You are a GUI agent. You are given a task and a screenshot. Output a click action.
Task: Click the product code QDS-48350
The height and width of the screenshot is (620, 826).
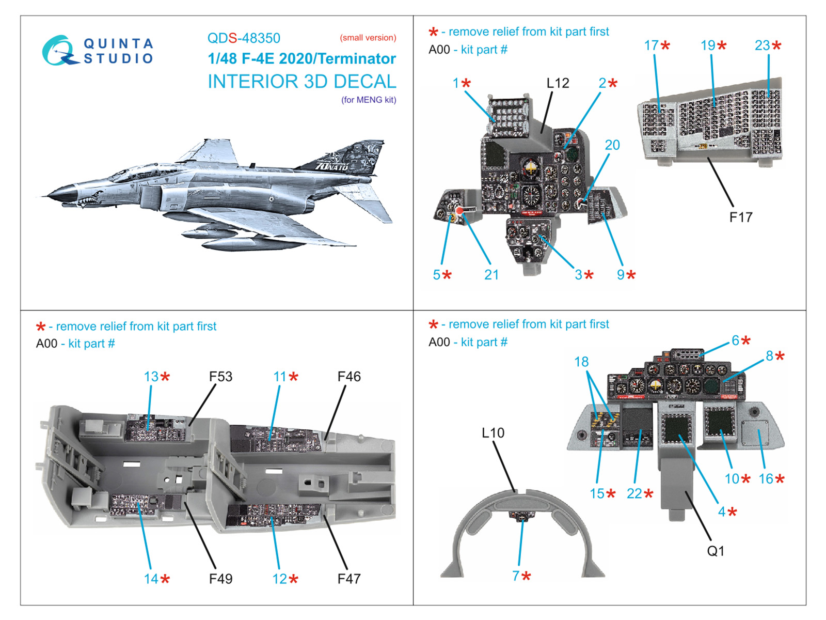(244, 38)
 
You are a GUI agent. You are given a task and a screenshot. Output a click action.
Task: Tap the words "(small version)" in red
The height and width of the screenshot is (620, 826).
(368, 38)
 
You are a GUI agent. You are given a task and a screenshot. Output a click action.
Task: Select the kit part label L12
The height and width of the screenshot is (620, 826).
(558, 83)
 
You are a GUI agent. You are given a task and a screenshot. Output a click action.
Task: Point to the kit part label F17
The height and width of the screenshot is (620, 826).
(740, 217)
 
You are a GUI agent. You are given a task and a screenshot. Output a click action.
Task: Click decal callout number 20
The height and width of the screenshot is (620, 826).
(612, 145)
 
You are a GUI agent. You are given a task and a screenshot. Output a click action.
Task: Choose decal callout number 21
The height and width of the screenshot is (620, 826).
(491, 275)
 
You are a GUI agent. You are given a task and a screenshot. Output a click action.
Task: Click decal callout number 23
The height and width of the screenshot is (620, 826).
(763, 45)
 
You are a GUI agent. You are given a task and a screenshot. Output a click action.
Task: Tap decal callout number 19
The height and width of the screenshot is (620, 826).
(708, 45)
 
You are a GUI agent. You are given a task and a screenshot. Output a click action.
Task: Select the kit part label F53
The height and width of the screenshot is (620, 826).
(220, 377)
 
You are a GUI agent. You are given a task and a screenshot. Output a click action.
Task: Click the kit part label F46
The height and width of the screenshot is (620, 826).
(349, 377)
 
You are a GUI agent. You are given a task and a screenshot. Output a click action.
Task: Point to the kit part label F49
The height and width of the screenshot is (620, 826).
(220, 579)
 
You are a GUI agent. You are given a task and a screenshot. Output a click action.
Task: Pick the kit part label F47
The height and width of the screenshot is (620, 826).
(349, 579)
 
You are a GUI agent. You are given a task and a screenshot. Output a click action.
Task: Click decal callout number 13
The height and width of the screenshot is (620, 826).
(151, 377)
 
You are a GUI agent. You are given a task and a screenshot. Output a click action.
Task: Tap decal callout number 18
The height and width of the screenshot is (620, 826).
(581, 362)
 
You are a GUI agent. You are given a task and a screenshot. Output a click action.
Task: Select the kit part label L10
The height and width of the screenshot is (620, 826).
(493, 433)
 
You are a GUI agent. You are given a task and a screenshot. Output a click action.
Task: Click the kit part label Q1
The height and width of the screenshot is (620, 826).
(716, 551)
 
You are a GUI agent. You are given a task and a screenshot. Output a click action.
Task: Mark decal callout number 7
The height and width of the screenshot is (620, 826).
(516, 576)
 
